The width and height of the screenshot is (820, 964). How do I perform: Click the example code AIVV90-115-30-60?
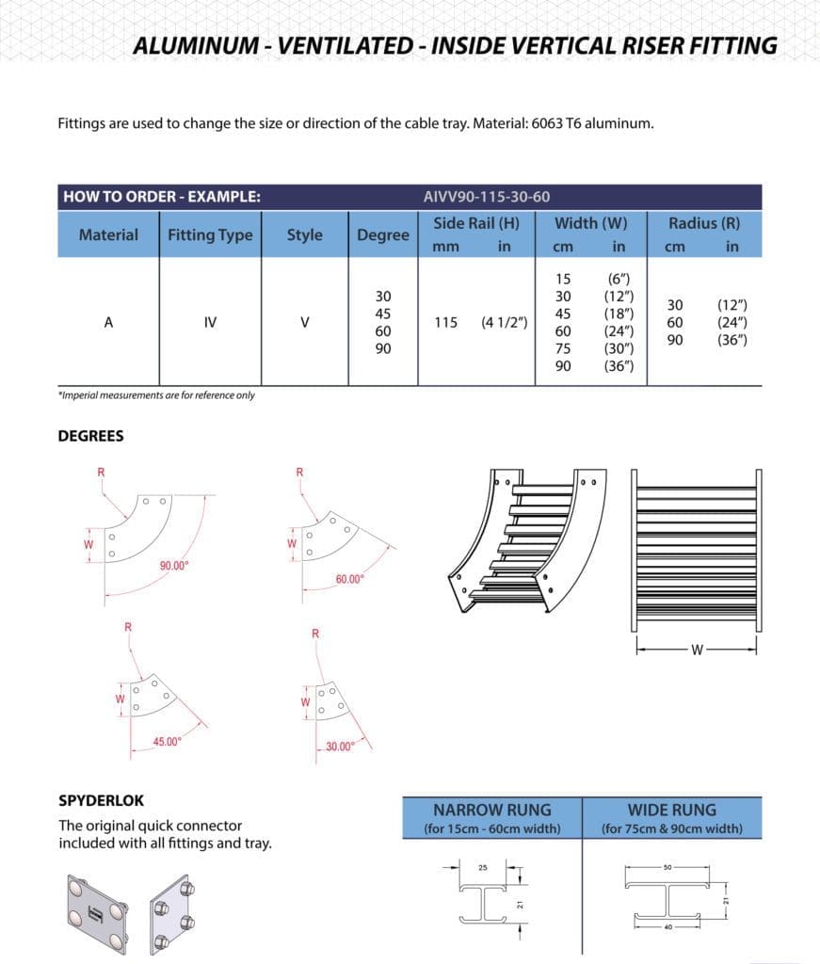487,197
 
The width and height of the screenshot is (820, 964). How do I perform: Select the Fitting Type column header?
210,235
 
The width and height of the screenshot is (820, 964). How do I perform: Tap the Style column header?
304,235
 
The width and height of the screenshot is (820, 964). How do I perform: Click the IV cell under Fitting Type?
210,322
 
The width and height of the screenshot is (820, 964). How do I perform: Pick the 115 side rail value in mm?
446,322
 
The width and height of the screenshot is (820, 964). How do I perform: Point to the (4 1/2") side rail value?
504,322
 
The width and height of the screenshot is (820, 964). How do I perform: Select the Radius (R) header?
703,223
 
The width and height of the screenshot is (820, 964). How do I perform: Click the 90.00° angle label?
174,565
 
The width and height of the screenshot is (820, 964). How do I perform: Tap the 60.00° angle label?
349,579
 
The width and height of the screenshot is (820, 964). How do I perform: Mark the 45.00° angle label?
168,742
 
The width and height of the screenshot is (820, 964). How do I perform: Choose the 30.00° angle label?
340,747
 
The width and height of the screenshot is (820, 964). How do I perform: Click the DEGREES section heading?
90,436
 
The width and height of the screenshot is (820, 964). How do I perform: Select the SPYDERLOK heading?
102,801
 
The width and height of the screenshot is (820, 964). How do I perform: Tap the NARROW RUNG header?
491,810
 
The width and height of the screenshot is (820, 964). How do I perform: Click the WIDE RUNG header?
671,810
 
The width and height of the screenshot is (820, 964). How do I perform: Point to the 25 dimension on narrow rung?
483,867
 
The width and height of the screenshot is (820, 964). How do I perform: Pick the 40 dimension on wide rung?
667,926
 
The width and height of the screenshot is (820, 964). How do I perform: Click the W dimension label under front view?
697,649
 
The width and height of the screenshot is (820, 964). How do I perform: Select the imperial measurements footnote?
156,395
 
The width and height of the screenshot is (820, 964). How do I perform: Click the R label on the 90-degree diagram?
101,471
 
